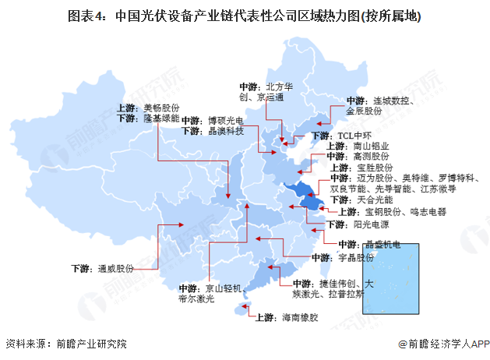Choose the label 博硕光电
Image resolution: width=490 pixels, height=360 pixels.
226,121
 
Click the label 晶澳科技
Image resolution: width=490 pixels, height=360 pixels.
226,132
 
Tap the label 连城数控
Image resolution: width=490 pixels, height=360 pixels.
393,101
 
